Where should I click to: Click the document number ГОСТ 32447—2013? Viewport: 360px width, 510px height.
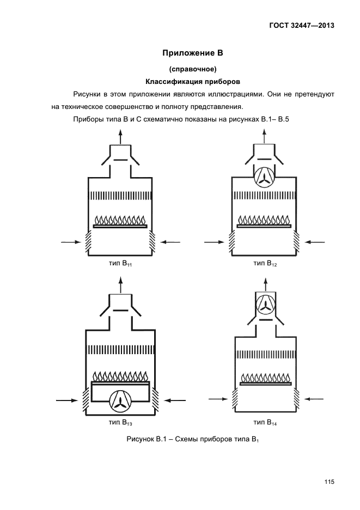[x=302, y=26]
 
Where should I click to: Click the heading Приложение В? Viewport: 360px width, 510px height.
[x=193, y=53]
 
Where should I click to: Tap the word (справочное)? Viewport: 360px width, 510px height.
[x=193, y=69]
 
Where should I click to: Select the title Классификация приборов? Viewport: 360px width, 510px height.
[x=193, y=81]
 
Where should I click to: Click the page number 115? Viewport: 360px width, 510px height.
[x=329, y=482]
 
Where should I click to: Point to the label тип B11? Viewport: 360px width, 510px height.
[x=120, y=264]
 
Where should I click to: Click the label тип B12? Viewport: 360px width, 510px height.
[x=265, y=264]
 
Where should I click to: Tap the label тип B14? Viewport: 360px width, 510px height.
[x=265, y=422]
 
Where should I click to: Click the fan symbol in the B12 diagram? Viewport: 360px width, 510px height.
[x=264, y=178]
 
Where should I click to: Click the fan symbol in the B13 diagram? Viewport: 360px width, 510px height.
[x=120, y=400]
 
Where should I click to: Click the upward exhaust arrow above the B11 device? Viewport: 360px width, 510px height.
[x=120, y=137]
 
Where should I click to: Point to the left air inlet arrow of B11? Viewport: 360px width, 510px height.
[x=71, y=242]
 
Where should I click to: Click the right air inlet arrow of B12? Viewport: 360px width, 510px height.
[x=314, y=242]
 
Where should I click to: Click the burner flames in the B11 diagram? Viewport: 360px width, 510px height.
[x=120, y=219]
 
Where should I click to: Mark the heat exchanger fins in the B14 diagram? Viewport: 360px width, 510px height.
[x=265, y=354]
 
